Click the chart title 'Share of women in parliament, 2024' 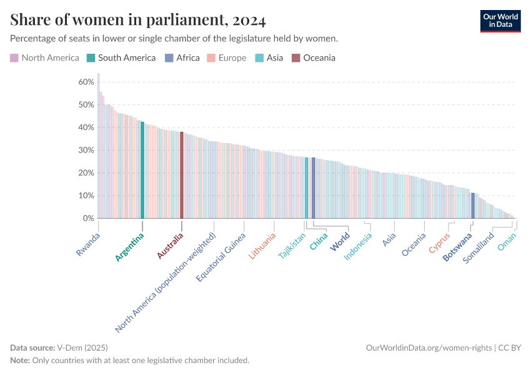(x=138, y=21)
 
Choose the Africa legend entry (x=182, y=58)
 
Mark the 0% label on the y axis (x=88, y=218)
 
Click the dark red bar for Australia (x=182, y=175)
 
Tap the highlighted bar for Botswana (x=473, y=206)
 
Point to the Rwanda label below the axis (x=88, y=244)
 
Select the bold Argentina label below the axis (x=130, y=246)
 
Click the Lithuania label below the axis (x=262, y=246)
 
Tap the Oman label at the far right (x=506, y=243)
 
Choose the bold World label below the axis (x=340, y=242)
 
